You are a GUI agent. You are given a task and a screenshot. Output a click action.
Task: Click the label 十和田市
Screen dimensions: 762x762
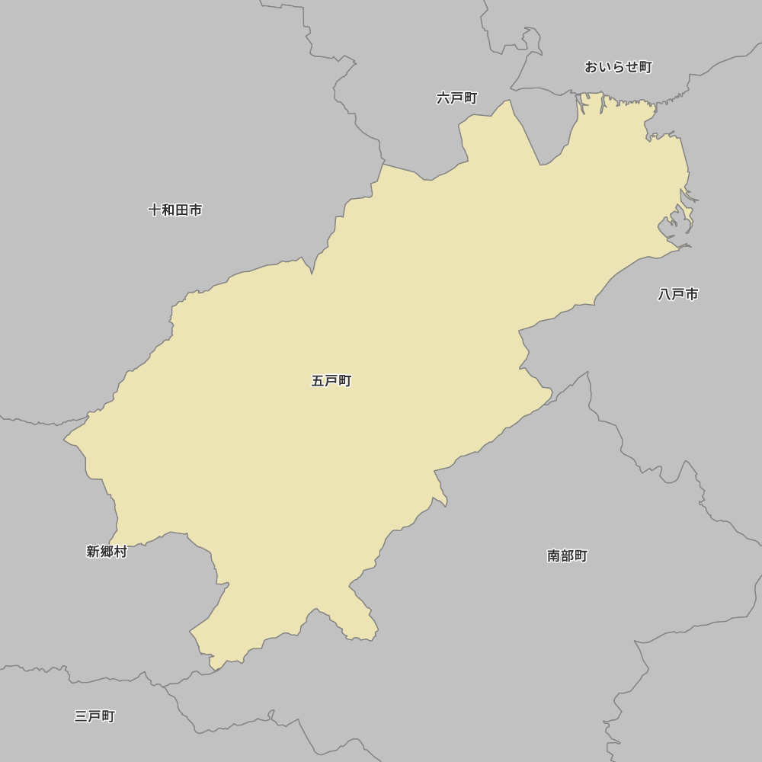[x=175, y=210]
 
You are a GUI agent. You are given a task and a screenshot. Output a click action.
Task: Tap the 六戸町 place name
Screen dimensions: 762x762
[x=457, y=98]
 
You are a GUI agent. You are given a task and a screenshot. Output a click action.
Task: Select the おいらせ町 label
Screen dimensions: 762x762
[x=618, y=67]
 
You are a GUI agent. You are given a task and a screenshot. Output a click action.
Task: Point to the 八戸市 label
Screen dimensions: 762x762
[x=678, y=294]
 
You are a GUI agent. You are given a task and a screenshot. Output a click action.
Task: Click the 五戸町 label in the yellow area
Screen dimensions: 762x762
[x=331, y=381]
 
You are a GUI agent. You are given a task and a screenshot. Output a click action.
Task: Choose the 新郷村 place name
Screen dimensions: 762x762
[x=107, y=552]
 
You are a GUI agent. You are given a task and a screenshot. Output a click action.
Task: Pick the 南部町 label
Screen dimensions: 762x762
[x=568, y=556]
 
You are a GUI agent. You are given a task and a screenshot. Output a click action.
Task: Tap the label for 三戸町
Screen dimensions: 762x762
[x=94, y=716]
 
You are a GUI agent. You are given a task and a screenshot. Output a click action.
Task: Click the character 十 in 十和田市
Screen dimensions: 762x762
[x=155, y=210]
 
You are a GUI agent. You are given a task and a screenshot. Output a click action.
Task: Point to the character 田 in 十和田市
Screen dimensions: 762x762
[x=182, y=210]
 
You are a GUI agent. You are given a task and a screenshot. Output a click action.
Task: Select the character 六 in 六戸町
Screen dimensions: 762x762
[x=443, y=98]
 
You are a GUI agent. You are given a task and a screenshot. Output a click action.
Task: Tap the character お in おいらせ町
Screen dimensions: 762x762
[x=591, y=67]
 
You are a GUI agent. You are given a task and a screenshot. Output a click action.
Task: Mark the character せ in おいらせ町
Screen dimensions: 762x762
[x=632, y=67]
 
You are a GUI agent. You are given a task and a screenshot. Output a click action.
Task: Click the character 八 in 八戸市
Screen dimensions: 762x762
[x=664, y=294]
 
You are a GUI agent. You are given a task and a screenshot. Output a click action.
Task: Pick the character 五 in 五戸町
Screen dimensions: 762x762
[x=318, y=381]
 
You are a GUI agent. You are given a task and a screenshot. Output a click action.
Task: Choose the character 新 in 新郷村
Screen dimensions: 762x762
[x=93, y=552]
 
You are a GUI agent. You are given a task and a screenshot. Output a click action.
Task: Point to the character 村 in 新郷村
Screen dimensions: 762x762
[x=120, y=552]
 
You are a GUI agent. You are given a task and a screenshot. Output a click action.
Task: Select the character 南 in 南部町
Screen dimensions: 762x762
[x=554, y=556]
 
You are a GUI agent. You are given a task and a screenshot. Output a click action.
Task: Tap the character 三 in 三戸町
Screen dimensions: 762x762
[x=81, y=716]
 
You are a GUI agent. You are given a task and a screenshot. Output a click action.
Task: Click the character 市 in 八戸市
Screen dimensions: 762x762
[x=692, y=294]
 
